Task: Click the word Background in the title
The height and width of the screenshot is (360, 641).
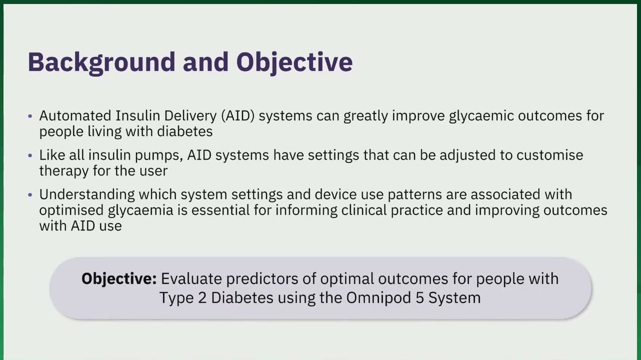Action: pyautogui.click(x=101, y=63)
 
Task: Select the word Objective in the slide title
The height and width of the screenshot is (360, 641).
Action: pyautogui.click(x=294, y=63)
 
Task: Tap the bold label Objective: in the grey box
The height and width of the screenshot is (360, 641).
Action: pyautogui.click(x=119, y=279)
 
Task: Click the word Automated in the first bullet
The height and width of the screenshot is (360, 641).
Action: pyautogui.click(x=75, y=116)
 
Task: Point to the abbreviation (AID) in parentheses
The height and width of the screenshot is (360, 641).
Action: pyautogui.click(x=238, y=116)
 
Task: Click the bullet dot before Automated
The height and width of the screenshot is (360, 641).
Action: pyautogui.click(x=30, y=116)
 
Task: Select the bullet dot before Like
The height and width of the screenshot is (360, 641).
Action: pyautogui.click(x=30, y=155)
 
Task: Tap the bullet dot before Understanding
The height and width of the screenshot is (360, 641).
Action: pyautogui.click(x=30, y=195)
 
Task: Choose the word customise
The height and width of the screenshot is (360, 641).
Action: pyautogui.click(x=549, y=155)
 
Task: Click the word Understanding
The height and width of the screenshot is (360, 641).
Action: pyautogui.click(x=87, y=195)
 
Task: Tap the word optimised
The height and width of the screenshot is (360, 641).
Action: pyautogui.click(x=71, y=210)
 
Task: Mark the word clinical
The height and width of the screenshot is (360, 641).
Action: pyautogui.click(x=364, y=210)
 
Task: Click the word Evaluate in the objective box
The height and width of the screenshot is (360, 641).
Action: pyautogui.click(x=191, y=278)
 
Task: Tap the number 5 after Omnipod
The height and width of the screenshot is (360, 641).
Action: pyautogui.click(x=419, y=298)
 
